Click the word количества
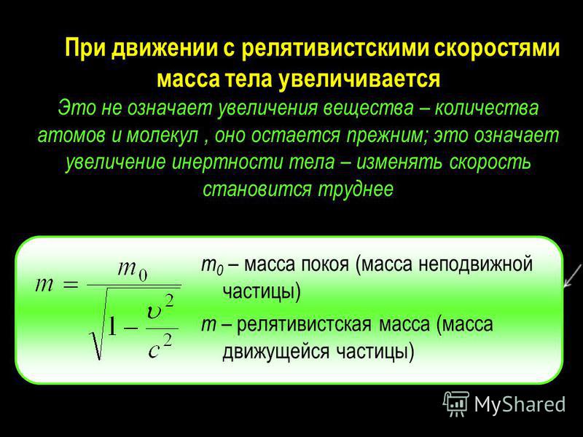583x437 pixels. [486, 108]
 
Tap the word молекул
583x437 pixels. [162, 135]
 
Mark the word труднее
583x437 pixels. [356, 189]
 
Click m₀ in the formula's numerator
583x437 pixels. [133, 269]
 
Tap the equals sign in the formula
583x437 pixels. [71, 286]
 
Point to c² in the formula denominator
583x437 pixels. [160, 346]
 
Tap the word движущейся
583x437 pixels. [275, 351]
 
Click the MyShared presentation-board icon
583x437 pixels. [456, 403]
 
